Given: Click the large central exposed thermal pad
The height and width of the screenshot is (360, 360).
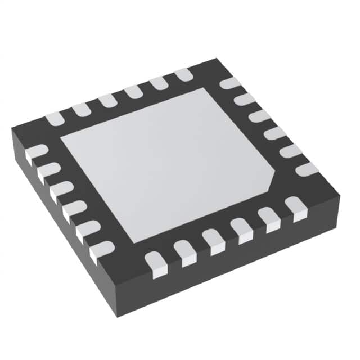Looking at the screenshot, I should tap(169, 163).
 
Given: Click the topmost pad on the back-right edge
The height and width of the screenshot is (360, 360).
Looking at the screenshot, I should tap(230, 84).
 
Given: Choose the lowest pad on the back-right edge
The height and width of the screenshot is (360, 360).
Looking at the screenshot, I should tap(307, 169).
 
